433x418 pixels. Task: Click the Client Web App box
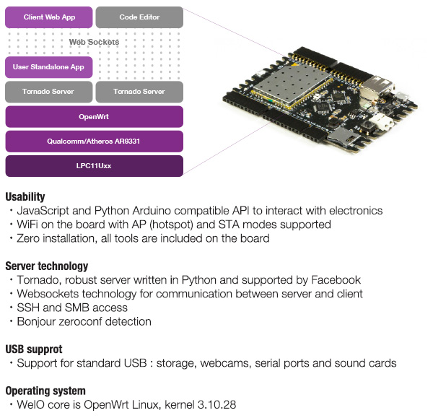click(49, 17)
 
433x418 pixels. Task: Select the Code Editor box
click(139, 17)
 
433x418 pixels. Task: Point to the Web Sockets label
click(94, 42)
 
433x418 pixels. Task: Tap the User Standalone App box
click(49, 67)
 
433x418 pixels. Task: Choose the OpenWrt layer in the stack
click(94, 116)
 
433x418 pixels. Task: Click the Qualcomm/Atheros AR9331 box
click(94, 141)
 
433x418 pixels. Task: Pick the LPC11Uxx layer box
click(94, 165)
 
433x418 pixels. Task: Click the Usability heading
click(25, 196)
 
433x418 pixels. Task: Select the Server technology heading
click(47, 266)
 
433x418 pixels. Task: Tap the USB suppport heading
click(34, 349)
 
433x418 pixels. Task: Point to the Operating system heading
click(45, 391)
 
